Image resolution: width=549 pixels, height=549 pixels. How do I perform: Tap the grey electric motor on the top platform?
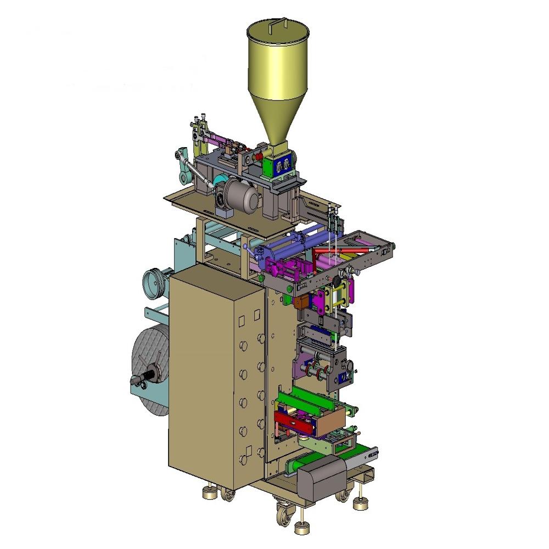tap(241, 197)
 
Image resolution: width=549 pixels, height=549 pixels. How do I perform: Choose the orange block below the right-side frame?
tap(301, 302)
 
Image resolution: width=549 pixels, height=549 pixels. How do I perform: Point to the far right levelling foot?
tap(360, 502)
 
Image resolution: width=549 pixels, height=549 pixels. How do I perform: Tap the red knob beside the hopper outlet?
tap(259, 156)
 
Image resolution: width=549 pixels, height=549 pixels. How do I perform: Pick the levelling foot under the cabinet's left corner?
tap(210, 493)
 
